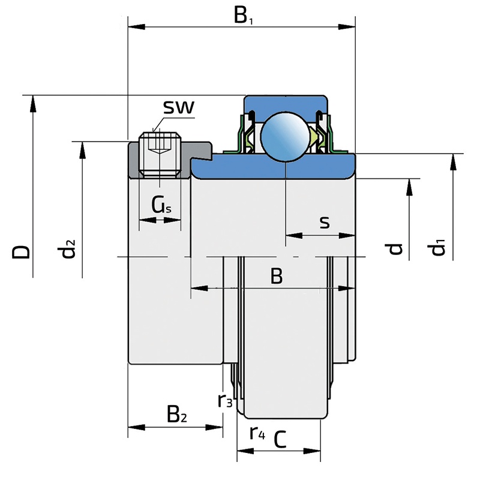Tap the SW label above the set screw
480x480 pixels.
click(x=179, y=108)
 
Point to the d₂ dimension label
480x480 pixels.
click(x=68, y=248)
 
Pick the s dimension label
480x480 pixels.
click(x=324, y=223)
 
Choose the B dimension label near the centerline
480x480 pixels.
click(x=276, y=277)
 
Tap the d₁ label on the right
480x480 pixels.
click(x=440, y=247)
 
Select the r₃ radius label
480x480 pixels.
click(x=225, y=400)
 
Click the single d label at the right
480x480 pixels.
click(x=394, y=248)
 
